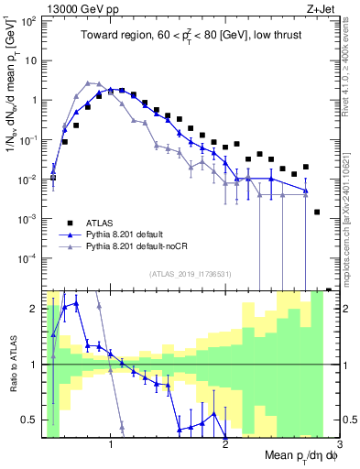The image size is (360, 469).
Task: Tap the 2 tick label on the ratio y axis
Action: tap(35, 309)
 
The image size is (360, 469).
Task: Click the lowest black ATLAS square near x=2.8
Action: tap(317, 212)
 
